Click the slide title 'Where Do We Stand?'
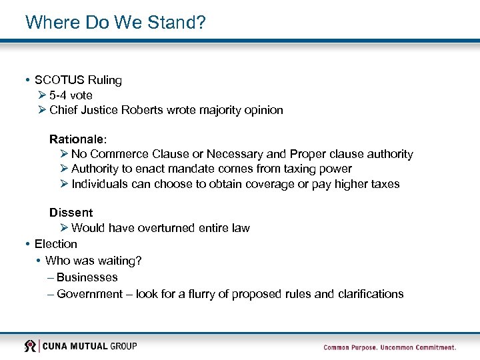(115, 22)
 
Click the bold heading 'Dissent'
(71, 213)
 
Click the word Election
(56, 244)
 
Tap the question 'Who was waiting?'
(93, 261)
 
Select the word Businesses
(87, 277)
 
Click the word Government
(89, 294)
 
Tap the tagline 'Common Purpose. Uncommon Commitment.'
(389, 347)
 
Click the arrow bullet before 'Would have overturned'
(63, 228)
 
